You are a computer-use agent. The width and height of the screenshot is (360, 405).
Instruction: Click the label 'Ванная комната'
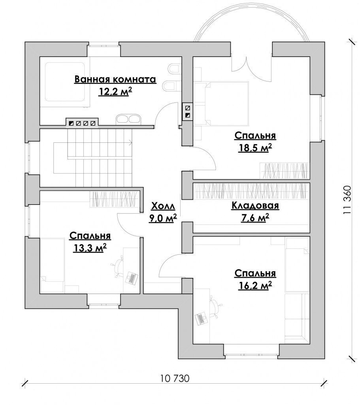click(x=115, y=79)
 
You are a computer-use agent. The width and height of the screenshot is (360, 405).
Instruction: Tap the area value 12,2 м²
click(x=115, y=91)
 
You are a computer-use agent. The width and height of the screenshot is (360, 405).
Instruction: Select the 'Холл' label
click(x=163, y=206)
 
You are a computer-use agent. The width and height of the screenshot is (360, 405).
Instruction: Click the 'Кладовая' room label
click(x=255, y=206)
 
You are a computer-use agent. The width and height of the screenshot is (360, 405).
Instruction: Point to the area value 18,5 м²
click(x=255, y=148)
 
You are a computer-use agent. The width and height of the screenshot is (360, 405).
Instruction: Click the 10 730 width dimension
click(x=175, y=379)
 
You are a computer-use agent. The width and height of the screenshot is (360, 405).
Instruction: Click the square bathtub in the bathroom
click(x=65, y=82)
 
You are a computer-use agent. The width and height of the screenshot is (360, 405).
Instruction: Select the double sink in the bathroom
click(x=128, y=119)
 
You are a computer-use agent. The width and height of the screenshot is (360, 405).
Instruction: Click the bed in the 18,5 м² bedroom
click(x=221, y=104)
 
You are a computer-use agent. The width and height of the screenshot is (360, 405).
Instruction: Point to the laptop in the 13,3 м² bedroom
click(x=132, y=278)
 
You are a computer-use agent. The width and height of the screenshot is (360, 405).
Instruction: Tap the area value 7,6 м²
click(x=255, y=218)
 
